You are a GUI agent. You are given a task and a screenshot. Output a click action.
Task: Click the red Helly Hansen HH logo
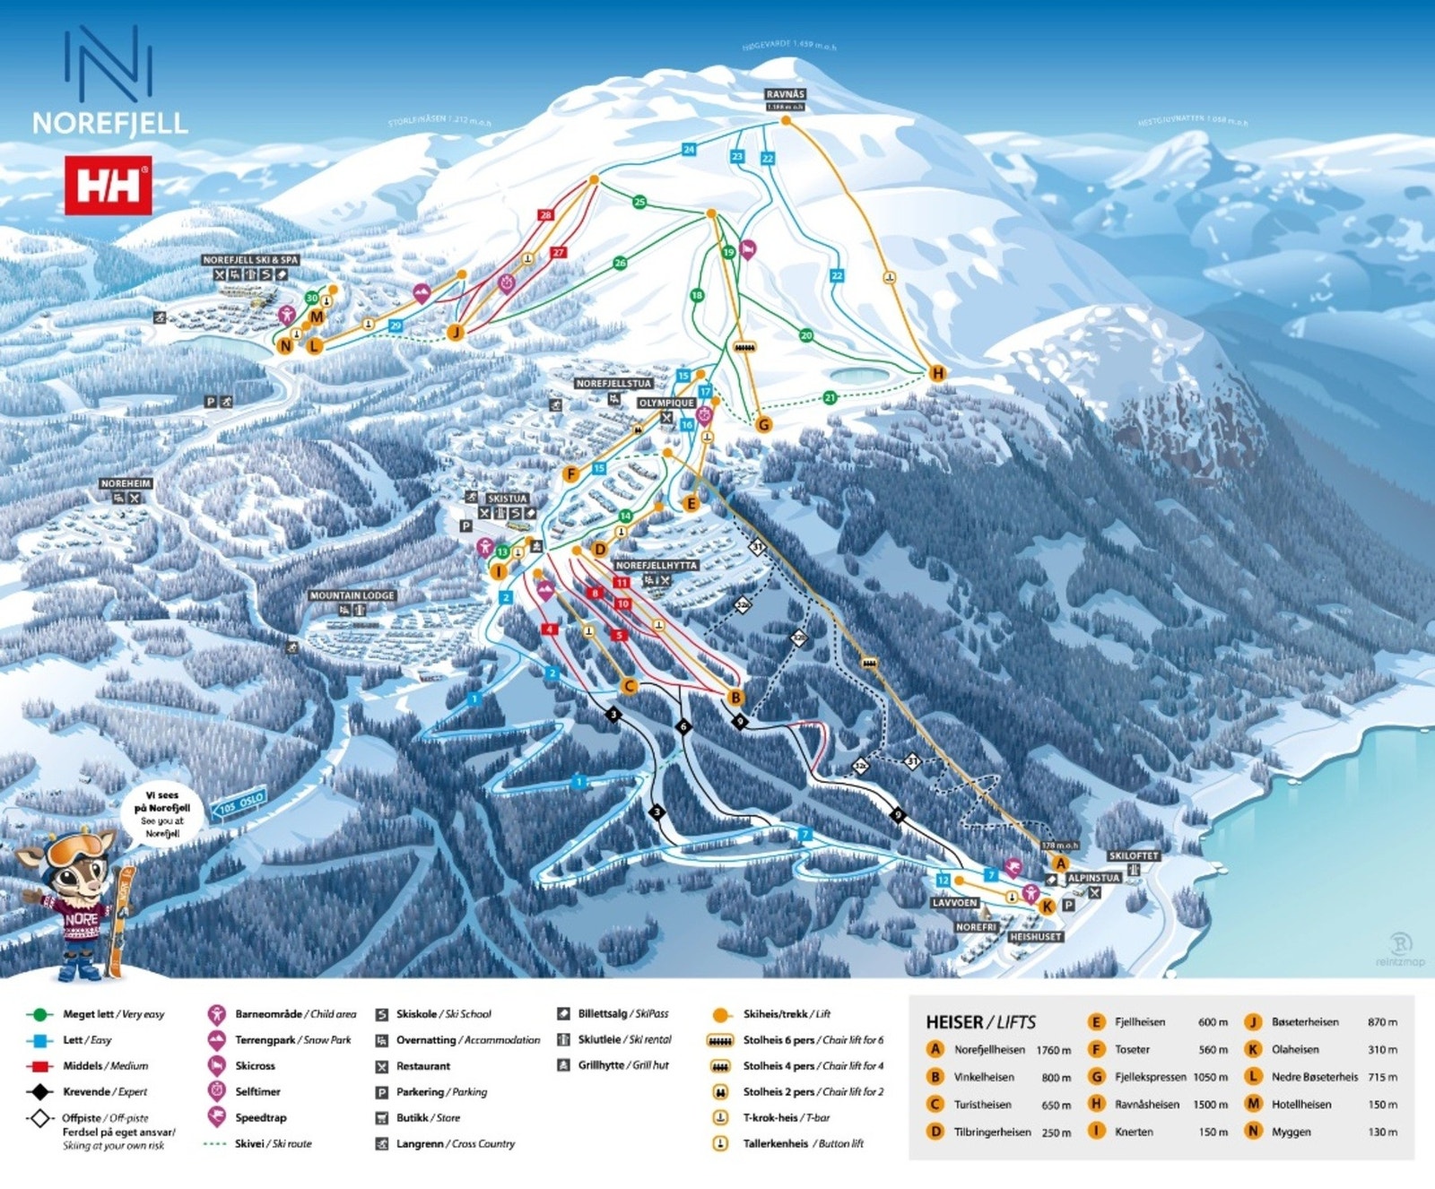coord(108,186)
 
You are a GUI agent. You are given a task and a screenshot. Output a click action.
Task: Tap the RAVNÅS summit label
coord(785,94)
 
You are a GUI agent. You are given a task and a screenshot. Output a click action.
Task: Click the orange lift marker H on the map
coord(937,373)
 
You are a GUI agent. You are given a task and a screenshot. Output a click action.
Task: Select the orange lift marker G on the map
coord(763,424)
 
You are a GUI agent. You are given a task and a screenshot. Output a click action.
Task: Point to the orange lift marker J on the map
coord(456,333)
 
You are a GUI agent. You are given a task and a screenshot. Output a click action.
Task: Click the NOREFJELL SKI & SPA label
coord(250,260)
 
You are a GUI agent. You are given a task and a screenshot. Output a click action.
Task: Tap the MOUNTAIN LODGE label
coord(352,595)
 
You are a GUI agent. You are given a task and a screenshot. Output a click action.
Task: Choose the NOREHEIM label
coord(126,483)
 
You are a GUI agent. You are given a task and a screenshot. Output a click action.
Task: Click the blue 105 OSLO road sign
coord(239,803)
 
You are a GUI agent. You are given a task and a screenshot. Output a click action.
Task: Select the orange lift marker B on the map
coord(735,698)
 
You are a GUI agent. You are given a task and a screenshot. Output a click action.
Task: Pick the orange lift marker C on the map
coord(629,687)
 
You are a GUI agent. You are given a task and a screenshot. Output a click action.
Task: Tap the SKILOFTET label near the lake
coord(1134,856)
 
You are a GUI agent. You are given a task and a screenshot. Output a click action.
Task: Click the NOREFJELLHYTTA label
coord(656,566)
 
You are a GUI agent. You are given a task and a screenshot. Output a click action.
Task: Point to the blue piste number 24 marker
coord(689,149)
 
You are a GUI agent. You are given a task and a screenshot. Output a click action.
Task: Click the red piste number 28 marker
coord(545,215)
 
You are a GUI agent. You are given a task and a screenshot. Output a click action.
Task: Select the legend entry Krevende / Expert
coord(105,1091)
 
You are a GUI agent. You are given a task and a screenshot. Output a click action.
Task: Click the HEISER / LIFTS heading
coord(980,1022)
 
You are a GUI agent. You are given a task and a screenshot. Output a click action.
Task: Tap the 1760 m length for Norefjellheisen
coord(1053,1050)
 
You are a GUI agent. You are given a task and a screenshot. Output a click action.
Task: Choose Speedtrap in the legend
coord(260,1117)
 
